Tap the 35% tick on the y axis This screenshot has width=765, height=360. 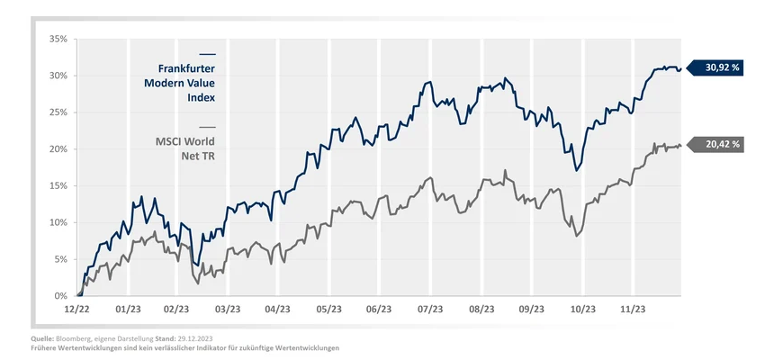57,39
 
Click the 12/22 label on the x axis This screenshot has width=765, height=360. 76,308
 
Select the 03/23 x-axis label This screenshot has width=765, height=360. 227,308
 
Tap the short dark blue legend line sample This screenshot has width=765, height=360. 207,54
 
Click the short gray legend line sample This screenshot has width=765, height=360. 207,127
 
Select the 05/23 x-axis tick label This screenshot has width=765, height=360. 328,308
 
